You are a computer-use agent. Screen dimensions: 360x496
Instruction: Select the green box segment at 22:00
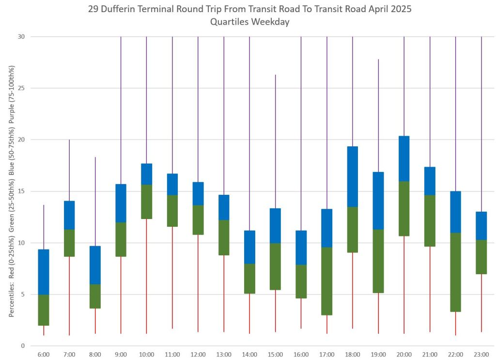pos(455,272)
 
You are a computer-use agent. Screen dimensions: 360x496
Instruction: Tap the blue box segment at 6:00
pos(44,271)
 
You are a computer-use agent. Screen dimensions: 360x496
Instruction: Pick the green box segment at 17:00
pos(327,281)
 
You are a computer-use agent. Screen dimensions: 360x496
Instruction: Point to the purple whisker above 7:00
pos(69,170)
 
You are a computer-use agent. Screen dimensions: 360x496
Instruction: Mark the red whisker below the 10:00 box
pos(146,276)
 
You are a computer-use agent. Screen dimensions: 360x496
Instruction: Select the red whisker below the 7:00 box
pos(69,296)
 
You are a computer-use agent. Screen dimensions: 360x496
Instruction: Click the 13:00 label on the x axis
pos(224,355)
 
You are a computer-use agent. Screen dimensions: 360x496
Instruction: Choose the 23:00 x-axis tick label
pos(481,355)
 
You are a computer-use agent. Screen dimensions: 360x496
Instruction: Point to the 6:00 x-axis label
pos(44,355)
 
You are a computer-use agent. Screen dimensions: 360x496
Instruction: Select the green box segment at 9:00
pos(121,239)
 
